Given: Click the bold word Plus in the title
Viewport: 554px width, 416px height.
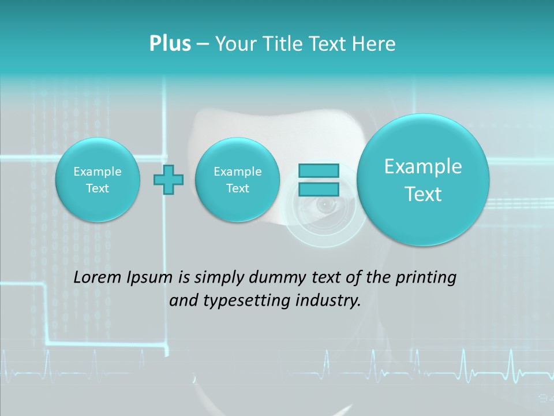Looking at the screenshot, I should (x=170, y=44).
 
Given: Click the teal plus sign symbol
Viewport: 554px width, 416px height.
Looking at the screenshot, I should (x=169, y=180).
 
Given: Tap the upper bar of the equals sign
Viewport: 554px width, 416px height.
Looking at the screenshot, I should (x=319, y=170).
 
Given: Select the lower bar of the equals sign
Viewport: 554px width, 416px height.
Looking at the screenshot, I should (x=319, y=190).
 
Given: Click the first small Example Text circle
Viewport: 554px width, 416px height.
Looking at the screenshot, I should (x=98, y=180).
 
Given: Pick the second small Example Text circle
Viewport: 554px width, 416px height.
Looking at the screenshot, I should (x=237, y=180).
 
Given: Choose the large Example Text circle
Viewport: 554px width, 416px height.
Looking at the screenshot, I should (x=423, y=180).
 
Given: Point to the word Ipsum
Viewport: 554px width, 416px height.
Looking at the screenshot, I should (x=149, y=278).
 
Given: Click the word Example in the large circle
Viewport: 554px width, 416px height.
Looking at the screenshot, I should (x=423, y=166).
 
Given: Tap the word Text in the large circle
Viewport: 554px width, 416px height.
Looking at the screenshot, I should (x=423, y=194).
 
